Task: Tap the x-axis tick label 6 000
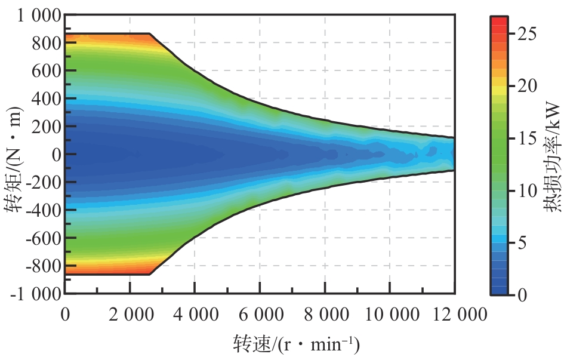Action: pyautogui.click(x=260, y=315)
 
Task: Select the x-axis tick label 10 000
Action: pyautogui.click(x=389, y=315)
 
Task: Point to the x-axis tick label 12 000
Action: pyautogui.click(x=454, y=315)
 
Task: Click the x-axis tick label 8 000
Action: pyautogui.click(x=325, y=315)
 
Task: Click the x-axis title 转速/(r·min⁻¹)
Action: pyautogui.click(x=296, y=344)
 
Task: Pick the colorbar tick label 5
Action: pyautogui.click(x=522, y=243)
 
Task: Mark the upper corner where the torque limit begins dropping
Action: pyautogui.click(x=149, y=34)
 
